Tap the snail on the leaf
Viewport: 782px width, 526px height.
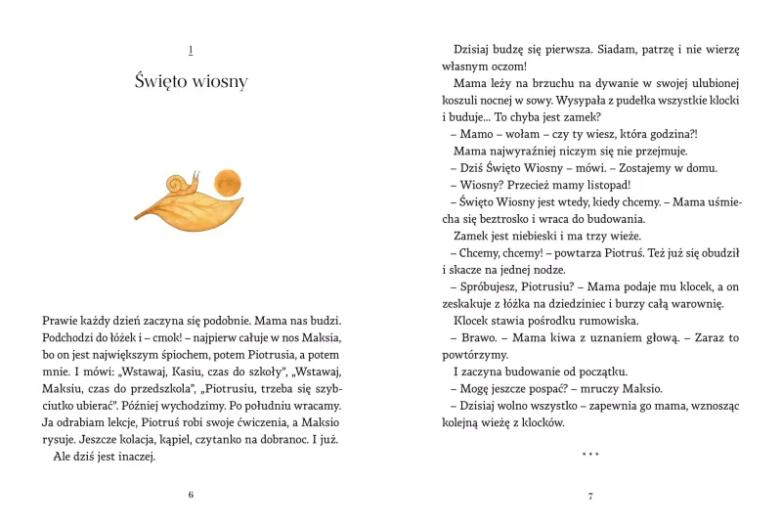point(183,183)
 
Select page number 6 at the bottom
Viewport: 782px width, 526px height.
point(191,495)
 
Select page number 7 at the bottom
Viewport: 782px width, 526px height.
point(590,496)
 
